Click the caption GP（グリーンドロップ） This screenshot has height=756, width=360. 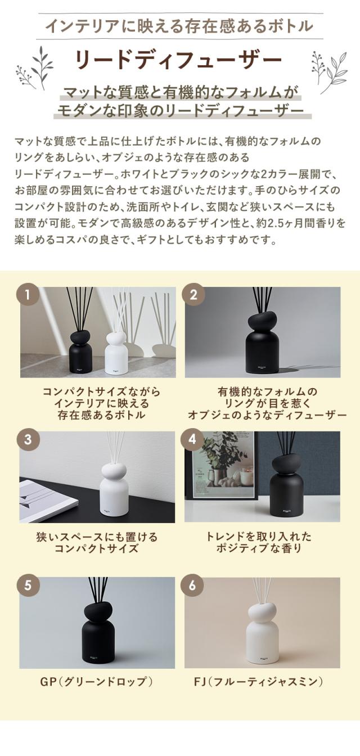tap(97, 682)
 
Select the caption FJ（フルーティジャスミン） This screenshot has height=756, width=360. tap(262, 682)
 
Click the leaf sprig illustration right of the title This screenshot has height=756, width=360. tap(329, 70)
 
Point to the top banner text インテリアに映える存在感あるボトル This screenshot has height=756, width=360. tap(179, 26)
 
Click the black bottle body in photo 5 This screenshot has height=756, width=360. tap(98, 641)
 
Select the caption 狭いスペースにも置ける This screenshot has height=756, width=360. tap(97, 537)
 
